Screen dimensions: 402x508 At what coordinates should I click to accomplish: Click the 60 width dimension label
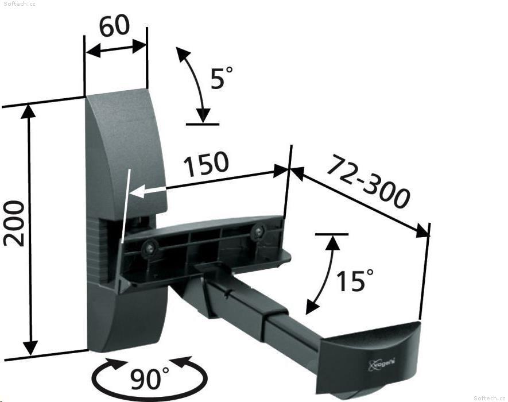tap(114, 26)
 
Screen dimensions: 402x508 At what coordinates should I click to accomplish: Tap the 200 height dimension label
tap(14, 223)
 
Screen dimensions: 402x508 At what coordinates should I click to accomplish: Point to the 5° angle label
tap(222, 78)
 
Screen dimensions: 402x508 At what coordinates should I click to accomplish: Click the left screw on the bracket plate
tap(150, 248)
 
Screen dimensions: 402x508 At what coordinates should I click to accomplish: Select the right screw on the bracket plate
tap(258, 231)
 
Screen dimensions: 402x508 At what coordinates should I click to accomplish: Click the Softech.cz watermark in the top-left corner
tap(17, 4)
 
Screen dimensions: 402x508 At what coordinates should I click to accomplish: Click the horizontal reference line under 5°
tap(202, 123)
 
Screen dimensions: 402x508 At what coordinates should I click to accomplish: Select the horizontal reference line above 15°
tap(331, 234)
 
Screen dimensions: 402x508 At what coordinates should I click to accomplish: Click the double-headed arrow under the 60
tap(116, 49)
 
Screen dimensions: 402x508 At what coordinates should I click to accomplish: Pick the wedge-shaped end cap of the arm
tap(373, 350)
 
